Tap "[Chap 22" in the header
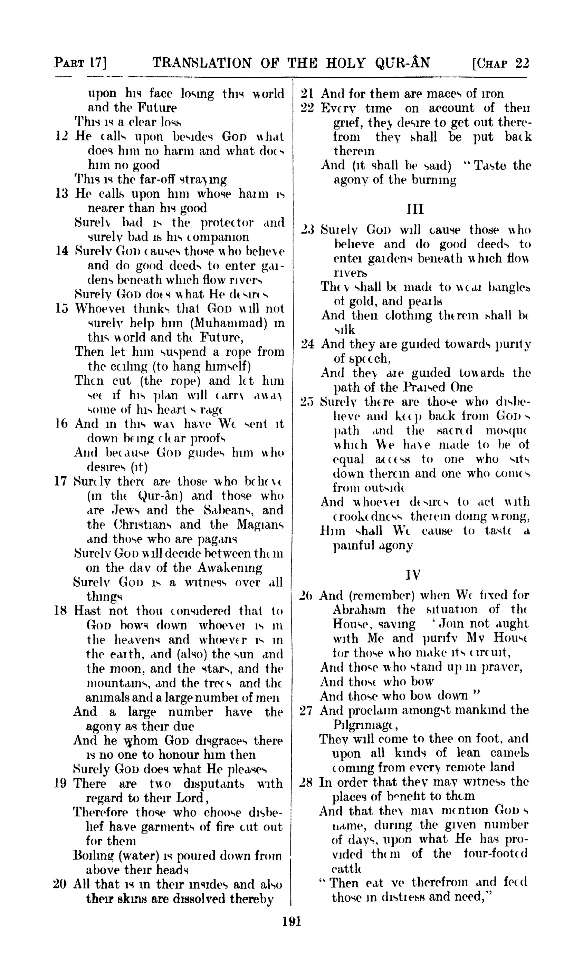500,63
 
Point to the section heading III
415,209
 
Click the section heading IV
414,575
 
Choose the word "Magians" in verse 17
260,525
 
